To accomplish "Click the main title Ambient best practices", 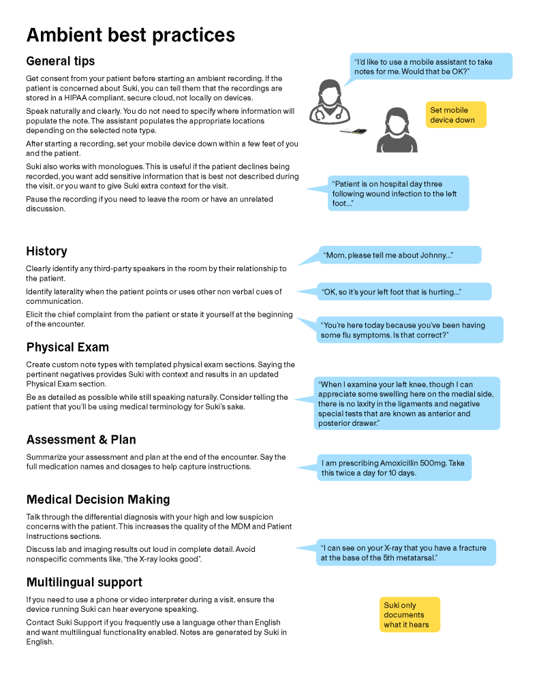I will pyautogui.click(x=130, y=35).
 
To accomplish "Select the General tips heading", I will pyautogui.click(x=60, y=61).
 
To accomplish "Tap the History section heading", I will pyautogui.click(x=46, y=251).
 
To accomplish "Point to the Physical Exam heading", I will pyautogui.click(x=67, y=347).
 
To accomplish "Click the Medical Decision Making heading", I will pyautogui.click(x=97, y=499).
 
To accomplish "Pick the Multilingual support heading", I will pyautogui.click(x=84, y=583).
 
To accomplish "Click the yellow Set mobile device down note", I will pyautogui.click(x=457, y=114).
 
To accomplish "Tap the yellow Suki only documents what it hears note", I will pyautogui.click(x=410, y=615).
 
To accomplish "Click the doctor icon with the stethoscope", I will pyautogui.click(x=329, y=101).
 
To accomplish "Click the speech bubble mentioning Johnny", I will pyautogui.click(x=400, y=255).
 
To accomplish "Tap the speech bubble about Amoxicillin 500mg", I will pyautogui.click(x=394, y=468).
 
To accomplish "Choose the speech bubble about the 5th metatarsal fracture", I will pyautogui.click(x=406, y=553).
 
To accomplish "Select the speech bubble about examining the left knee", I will pyautogui.click(x=407, y=403).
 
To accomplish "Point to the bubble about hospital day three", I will pyautogui.click(x=398, y=193).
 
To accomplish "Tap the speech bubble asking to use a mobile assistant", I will pyautogui.click(x=431, y=67).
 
